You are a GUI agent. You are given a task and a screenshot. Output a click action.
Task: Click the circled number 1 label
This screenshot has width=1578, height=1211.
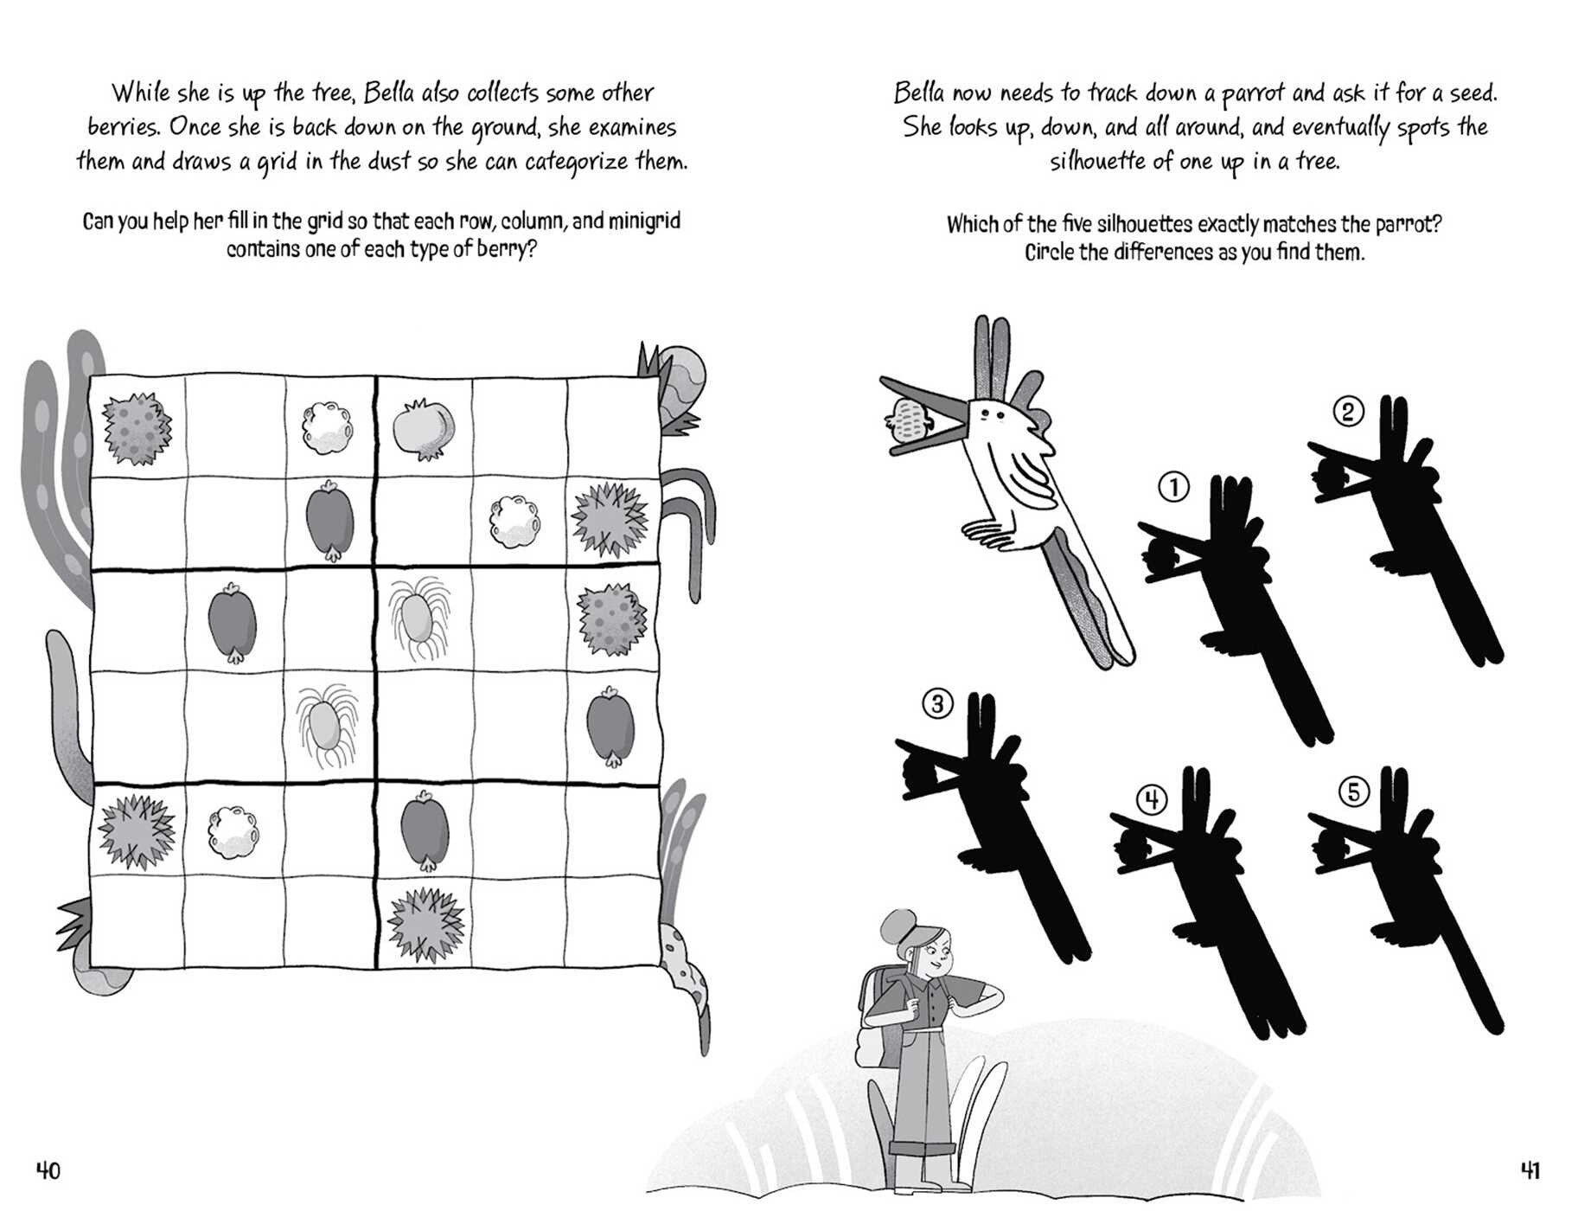[x=1173, y=488]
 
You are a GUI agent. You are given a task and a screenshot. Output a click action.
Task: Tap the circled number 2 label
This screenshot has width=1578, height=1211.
[x=1348, y=412]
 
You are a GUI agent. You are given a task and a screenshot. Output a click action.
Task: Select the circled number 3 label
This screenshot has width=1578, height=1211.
[x=938, y=703]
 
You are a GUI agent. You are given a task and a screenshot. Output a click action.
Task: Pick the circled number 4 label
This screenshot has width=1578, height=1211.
[x=1151, y=799]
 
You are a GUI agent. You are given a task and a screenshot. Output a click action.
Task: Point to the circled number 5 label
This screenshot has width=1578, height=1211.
[x=1353, y=791]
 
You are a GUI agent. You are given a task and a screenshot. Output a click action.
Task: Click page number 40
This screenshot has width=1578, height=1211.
[x=48, y=1171]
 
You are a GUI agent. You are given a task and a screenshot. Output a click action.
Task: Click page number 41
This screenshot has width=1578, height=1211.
[x=1530, y=1171]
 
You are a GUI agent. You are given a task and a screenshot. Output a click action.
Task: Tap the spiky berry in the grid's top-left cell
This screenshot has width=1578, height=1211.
[x=137, y=428]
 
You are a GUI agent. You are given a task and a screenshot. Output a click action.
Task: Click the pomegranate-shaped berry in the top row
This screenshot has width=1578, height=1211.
[x=424, y=427]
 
